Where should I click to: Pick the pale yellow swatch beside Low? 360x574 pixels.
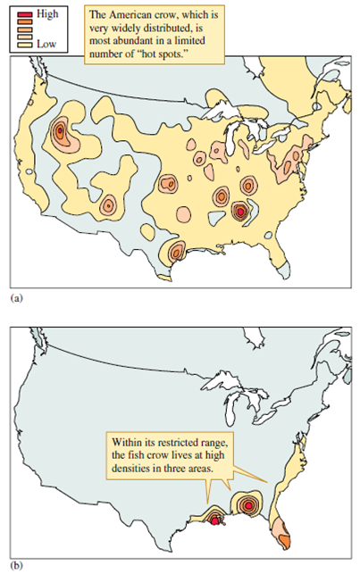(x=24, y=43)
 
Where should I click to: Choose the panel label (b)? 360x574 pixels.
(x=13, y=564)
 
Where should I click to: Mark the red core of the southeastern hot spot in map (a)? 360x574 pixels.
(x=239, y=212)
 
